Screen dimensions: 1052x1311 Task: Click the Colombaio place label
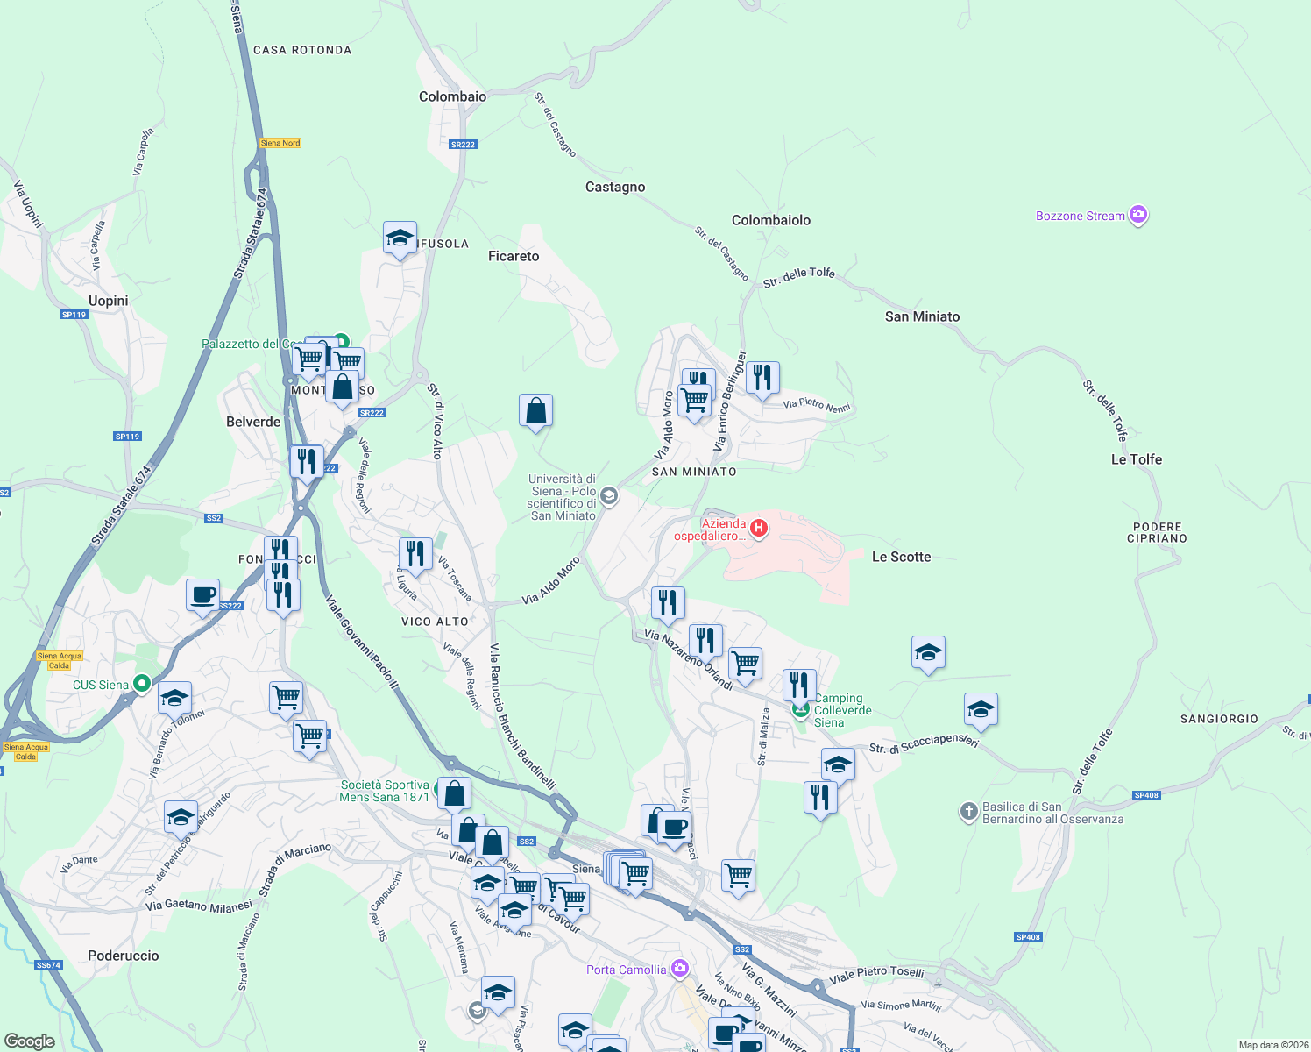452,96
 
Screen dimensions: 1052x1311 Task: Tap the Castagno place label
615,187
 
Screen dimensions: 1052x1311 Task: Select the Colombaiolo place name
771,220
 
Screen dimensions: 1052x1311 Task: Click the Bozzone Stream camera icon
1138,215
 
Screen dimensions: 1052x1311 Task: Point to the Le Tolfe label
1136,459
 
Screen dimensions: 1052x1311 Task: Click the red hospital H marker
759,528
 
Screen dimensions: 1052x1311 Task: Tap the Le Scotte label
901,557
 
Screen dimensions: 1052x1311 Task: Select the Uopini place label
109,301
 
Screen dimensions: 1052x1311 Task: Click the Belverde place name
253,422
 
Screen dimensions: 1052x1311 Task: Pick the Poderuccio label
124,956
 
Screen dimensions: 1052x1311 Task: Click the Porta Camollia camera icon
680,969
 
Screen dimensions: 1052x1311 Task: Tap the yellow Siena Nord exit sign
280,143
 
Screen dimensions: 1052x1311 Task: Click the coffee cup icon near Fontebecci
202,595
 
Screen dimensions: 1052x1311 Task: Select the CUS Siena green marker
142,685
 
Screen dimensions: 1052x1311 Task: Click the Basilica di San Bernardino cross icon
968,812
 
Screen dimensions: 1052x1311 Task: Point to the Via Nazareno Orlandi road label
688,659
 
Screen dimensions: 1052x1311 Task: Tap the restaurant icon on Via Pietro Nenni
762,379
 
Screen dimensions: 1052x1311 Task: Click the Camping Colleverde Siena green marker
800,709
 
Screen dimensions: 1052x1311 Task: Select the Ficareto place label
514,256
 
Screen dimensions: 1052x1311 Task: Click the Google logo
30,1041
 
